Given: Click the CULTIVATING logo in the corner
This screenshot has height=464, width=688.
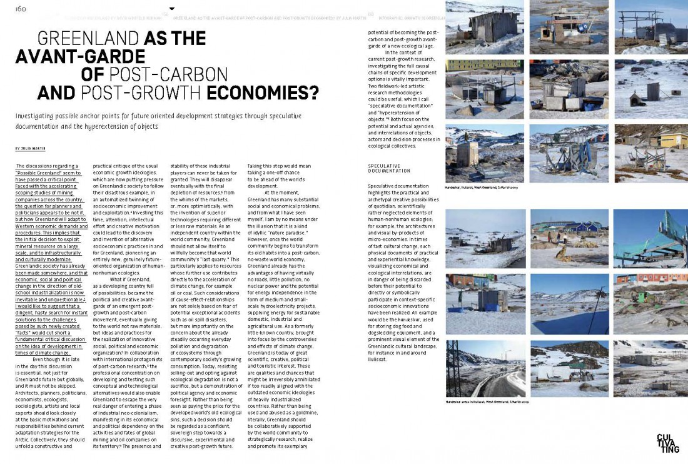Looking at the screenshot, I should [x=667, y=443].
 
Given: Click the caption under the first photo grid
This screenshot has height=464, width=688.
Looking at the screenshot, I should [x=482, y=187].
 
